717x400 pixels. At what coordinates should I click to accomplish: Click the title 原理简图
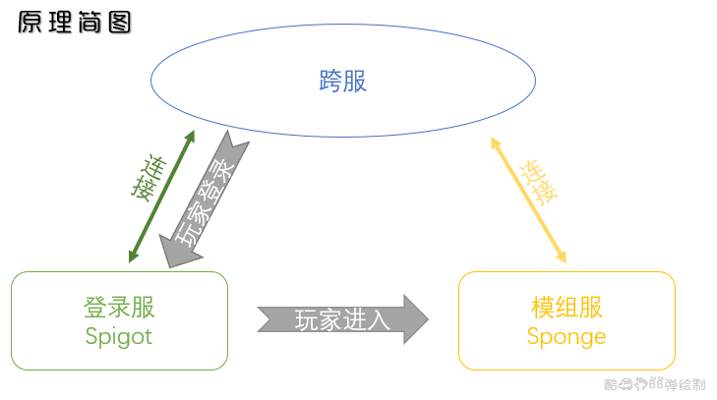pyautogui.click(x=75, y=23)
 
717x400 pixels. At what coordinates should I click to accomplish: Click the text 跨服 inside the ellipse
pyautogui.click(x=342, y=81)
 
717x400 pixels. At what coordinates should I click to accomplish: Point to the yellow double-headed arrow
pyautogui.click(x=529, y=200)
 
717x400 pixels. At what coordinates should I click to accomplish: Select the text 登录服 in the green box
pyautogui.click(x=119, y=307)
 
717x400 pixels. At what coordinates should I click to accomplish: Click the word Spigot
pyautogui.click(x=119, y=336)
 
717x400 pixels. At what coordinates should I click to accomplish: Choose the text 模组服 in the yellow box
pyautogui.click(x=566, y=307)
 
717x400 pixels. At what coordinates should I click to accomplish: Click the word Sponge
pyautogui.click(x=566, y=337)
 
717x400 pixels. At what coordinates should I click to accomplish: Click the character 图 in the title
pyautogui.click(x=119, y=23)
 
